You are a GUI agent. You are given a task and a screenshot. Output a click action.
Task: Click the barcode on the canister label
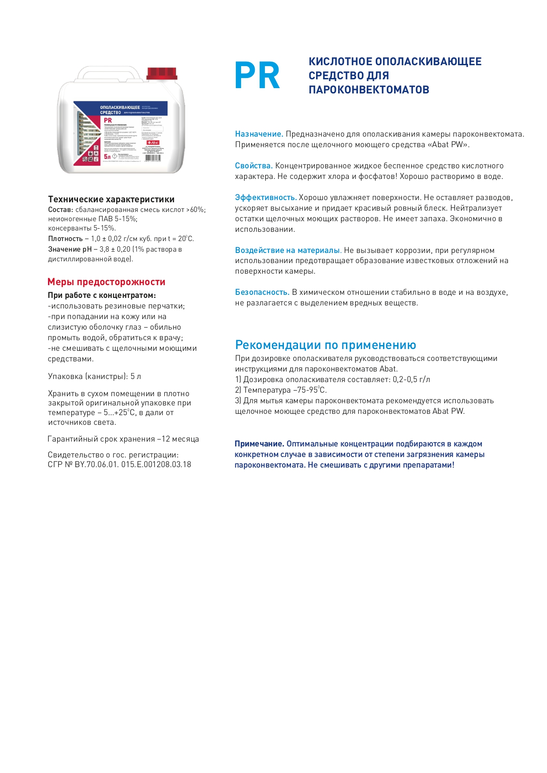pos(153,158)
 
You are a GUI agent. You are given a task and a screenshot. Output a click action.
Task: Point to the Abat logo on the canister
pos(153,143)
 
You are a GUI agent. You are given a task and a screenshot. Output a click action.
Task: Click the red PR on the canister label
pos(108,120)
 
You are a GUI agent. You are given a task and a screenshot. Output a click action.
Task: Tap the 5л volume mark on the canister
pos(107,156)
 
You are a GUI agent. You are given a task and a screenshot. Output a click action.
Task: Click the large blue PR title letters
pos(257,76)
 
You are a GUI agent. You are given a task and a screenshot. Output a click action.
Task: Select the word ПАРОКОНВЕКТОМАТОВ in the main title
pos(368,90)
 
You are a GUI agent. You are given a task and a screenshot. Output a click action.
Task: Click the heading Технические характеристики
pos(111,199)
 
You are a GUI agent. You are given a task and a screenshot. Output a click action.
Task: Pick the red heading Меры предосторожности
pos(106,282)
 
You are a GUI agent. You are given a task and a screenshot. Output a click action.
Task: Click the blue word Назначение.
pos(259,134)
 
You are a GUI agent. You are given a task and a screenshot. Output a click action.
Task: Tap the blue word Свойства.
pos(253,166)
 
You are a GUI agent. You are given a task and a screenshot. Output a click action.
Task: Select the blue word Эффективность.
pos(265,197)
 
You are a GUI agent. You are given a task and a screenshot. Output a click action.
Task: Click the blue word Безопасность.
pos(262,292)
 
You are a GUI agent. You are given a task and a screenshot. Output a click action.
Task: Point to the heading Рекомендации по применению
pos(325,345)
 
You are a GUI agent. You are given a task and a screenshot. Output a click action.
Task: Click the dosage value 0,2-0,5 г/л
pos(411,379)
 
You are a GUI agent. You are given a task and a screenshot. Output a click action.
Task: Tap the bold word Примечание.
pos(259,444)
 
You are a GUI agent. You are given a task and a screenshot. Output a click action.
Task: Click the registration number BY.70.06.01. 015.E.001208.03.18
pos(133,465)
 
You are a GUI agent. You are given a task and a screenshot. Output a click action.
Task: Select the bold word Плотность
pos(65,239)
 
